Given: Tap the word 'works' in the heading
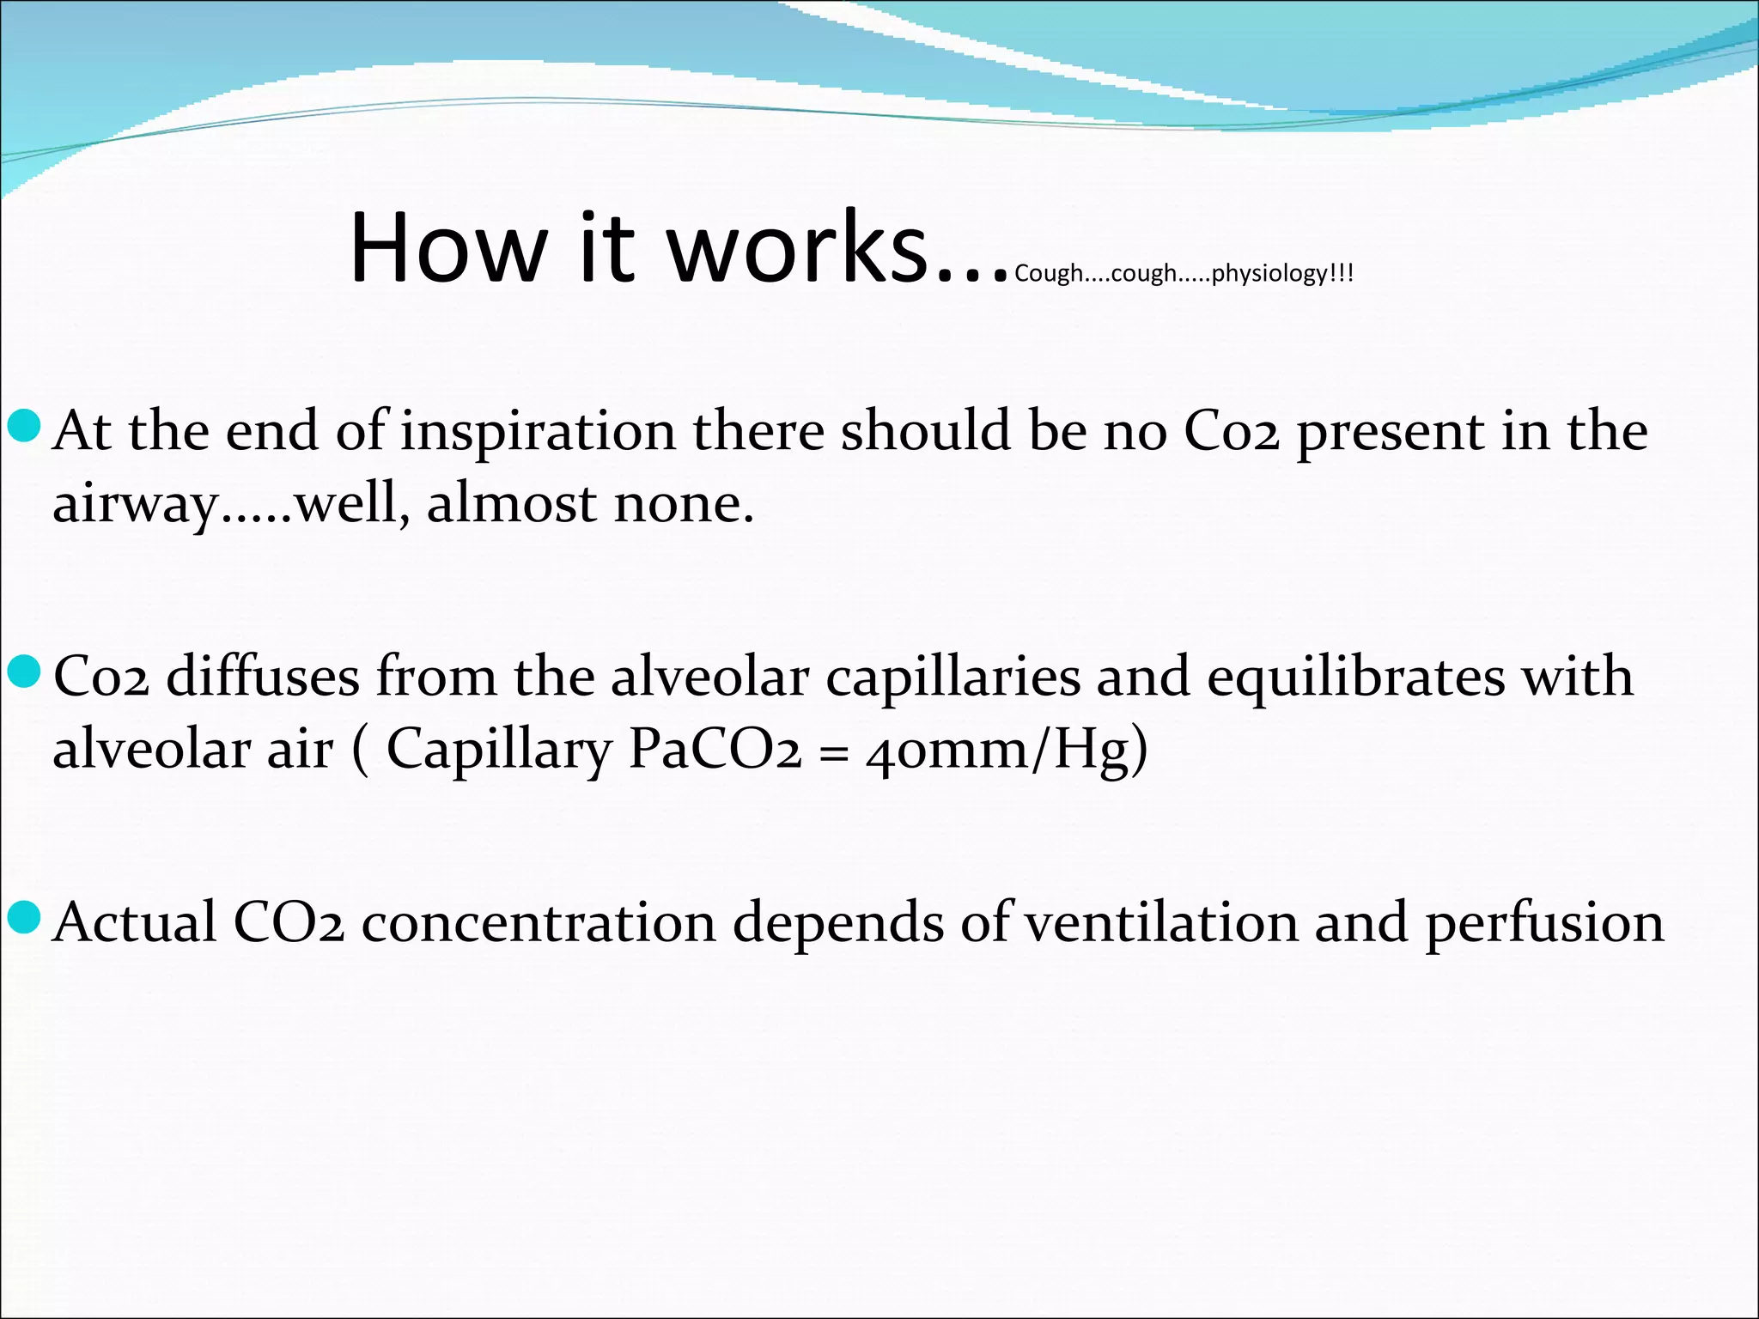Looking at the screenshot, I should coord(799,248).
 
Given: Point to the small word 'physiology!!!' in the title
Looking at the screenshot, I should coord(1282,274).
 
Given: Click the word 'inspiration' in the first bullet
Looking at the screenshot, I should coord(538,432).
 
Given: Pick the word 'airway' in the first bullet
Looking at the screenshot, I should coord(136,505).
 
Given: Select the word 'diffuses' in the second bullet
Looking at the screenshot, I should coord(263,677).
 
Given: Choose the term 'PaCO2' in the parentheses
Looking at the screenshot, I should coord(715,750).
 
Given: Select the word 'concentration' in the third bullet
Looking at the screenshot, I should coord(539,924).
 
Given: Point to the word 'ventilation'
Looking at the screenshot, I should coord(1161,924).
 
